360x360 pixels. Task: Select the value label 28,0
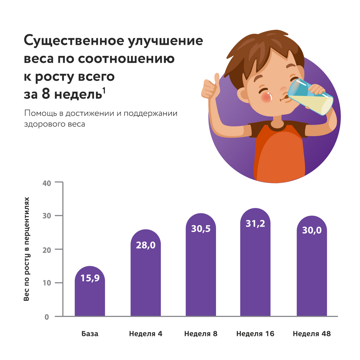pyautogui.click(x=146, y=245)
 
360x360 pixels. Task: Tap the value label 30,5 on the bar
pyautogui.click(x=201, y=229)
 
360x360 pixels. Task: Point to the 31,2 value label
pyautogui.click(x=255, y=224)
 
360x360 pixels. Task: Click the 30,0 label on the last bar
pyautogui.click(x=312, y=230)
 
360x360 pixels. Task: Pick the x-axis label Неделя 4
pyautogui.click(x=146, y=334)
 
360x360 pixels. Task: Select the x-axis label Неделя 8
pyautogui.click(x=201, y=334)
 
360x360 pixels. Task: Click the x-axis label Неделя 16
pyautogui.click(x=255, y=334)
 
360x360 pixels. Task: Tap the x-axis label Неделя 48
pyautogui.click(x=312, y=334)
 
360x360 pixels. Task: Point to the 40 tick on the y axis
pyautogui.click(x=47, y=183)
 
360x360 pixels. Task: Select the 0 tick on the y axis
pyautogui.click(x=47, y=317)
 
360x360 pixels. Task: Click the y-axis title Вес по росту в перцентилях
pyautogui.click(x=26, y=249)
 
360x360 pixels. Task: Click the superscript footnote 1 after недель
pyautogui.click(x=104, y=91)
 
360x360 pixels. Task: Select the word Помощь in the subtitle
pyautogui.click(x=41, y=113)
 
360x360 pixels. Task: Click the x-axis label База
pyautogui.click(x=90, y=334)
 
